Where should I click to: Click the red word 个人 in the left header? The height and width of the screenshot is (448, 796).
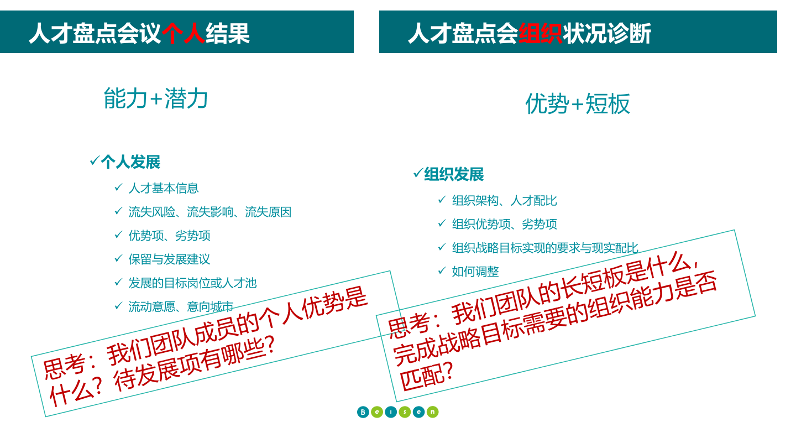click(184, 33)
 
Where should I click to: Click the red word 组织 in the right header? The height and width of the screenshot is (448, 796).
click(540, 33)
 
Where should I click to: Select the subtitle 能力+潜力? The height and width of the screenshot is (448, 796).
click(156, 98)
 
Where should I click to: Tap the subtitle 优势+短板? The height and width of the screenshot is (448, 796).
click(578, 104)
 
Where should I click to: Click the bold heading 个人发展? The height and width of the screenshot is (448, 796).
click(130, 162)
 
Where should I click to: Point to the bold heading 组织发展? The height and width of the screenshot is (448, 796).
click(454, 175)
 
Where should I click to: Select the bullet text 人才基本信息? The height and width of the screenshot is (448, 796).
click(164, 188)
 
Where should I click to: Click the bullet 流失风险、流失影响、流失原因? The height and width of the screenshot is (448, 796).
click(210, 212)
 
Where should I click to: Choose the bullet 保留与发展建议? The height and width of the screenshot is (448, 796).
click(169, 259)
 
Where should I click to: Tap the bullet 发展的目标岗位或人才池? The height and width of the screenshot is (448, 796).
click(192, 283)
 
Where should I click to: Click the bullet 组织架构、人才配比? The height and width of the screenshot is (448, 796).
click(504, 201)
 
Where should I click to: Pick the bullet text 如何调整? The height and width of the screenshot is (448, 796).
click(475, 272)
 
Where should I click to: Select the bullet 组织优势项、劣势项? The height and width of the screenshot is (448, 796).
click(504, 224)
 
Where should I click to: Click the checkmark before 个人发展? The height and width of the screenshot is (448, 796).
click(95, 161)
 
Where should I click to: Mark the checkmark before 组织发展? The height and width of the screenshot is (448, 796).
click(418, 173)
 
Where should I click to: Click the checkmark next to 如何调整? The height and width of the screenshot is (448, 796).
click(442, 270)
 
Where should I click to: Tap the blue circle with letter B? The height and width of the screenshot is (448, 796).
click(363, 412)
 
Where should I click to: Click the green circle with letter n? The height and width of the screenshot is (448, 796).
click(432, 412)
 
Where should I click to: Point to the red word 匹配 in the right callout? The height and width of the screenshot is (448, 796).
click(421, 378)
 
